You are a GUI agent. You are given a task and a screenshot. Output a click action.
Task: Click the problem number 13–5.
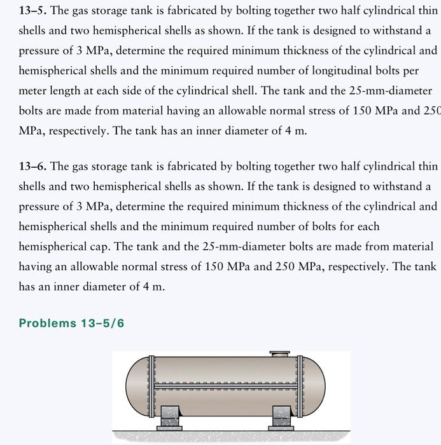[32, 11]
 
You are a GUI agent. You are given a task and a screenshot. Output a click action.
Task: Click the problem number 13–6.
[32, 167]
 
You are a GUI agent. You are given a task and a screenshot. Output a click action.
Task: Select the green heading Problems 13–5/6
[71, 324]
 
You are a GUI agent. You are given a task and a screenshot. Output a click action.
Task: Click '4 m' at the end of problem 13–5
[293, 131]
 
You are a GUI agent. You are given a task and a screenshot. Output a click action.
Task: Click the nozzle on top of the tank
[279, 353]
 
